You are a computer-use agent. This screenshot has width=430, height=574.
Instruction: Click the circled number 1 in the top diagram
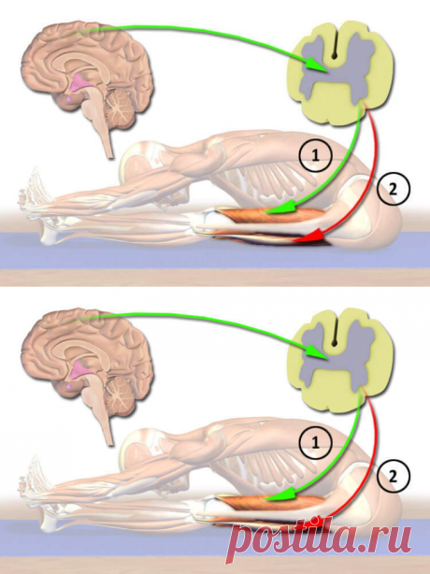pyautogui.click(x=315, y=156)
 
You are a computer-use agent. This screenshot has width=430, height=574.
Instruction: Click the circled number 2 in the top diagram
pyautogui.click(x=394, y=190)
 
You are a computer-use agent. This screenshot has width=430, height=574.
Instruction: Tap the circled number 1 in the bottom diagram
pyautogui.click(x=315, y=443)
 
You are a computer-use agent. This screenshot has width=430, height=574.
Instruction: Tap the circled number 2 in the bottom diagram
pyautogui.click(x=394, y=477)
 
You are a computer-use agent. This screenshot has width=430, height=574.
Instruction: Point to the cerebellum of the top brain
pyautogui.click(x=119, y=108)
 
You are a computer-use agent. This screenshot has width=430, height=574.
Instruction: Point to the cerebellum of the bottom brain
pyautogui.click(x=119, y=395)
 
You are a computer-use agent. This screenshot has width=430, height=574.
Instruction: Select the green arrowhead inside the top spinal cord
pyautogui.click(x=316, y=65)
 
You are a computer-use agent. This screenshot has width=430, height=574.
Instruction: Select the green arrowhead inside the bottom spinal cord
pyautogui.click(x=316, y=352)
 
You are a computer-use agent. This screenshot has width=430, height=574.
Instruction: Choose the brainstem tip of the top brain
pyautogui.click(x=109, y=155)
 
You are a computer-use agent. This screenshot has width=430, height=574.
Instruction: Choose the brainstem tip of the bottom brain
pyautogui.click(x=109, y=442)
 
